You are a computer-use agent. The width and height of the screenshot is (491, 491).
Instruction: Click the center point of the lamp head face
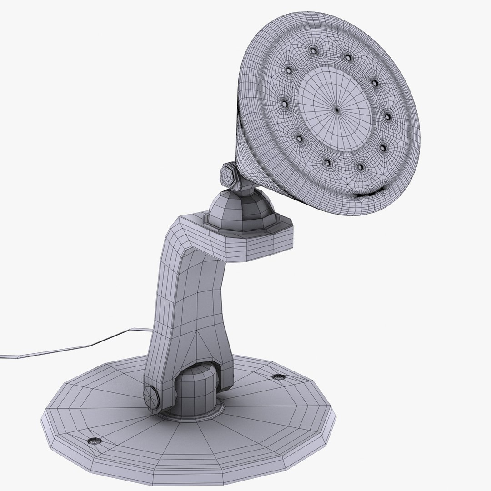tap(337, 109)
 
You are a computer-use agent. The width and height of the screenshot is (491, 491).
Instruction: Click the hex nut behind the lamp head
tap(228, 175)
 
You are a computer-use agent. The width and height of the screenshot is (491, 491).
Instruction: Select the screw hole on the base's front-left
tap(95, 440)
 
